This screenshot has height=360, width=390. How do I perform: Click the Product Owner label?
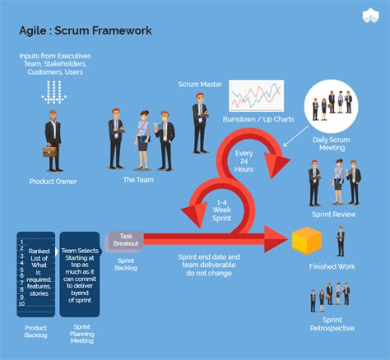click(x=53, y=182)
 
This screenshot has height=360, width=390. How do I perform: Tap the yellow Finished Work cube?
click(x=306, y=241)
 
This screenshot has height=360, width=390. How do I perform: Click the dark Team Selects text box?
click(x=79, y=273)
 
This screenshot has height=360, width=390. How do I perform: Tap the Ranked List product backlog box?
click(x=36, y=273)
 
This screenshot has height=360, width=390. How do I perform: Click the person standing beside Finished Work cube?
click(x=341, y=241)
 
